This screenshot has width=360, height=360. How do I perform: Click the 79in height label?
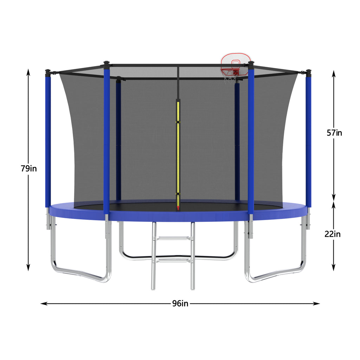[28, 168]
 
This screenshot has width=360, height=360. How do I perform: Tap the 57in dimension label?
[334, 133]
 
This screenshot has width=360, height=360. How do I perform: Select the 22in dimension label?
[332, 234]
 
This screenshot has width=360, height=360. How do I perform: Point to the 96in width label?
[180, 303]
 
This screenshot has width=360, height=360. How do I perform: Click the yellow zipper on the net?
[178, 151]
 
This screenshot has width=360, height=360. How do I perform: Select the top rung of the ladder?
[173, 239]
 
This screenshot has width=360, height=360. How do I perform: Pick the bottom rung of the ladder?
[173, 260]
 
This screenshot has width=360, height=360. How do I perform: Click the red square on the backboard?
[235, 63]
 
